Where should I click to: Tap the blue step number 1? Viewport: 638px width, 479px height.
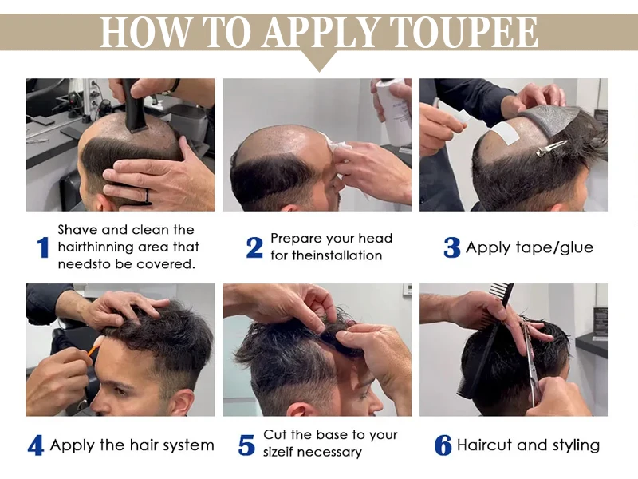[x=43, y=247]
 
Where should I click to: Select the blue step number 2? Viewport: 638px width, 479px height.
[x=254, y=247]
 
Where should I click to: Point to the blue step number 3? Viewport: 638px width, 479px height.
[x=451, y=247]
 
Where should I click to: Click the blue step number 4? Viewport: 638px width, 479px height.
[x=36, y=445]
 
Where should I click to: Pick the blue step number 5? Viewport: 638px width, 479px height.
[x=246, y=445]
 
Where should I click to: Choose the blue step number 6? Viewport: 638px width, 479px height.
[x=443, y=445]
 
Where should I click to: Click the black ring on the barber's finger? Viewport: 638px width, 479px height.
[x=148, y=196]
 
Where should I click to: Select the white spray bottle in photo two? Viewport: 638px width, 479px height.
[x=392, y=111]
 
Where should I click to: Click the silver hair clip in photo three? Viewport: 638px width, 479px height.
[x=551, y=148]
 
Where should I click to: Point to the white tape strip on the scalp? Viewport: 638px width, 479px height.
[x=504, y=135]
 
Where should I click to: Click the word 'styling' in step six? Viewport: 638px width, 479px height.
[x=576, y=445]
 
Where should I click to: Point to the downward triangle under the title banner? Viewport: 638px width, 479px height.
[x=320, y=61]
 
